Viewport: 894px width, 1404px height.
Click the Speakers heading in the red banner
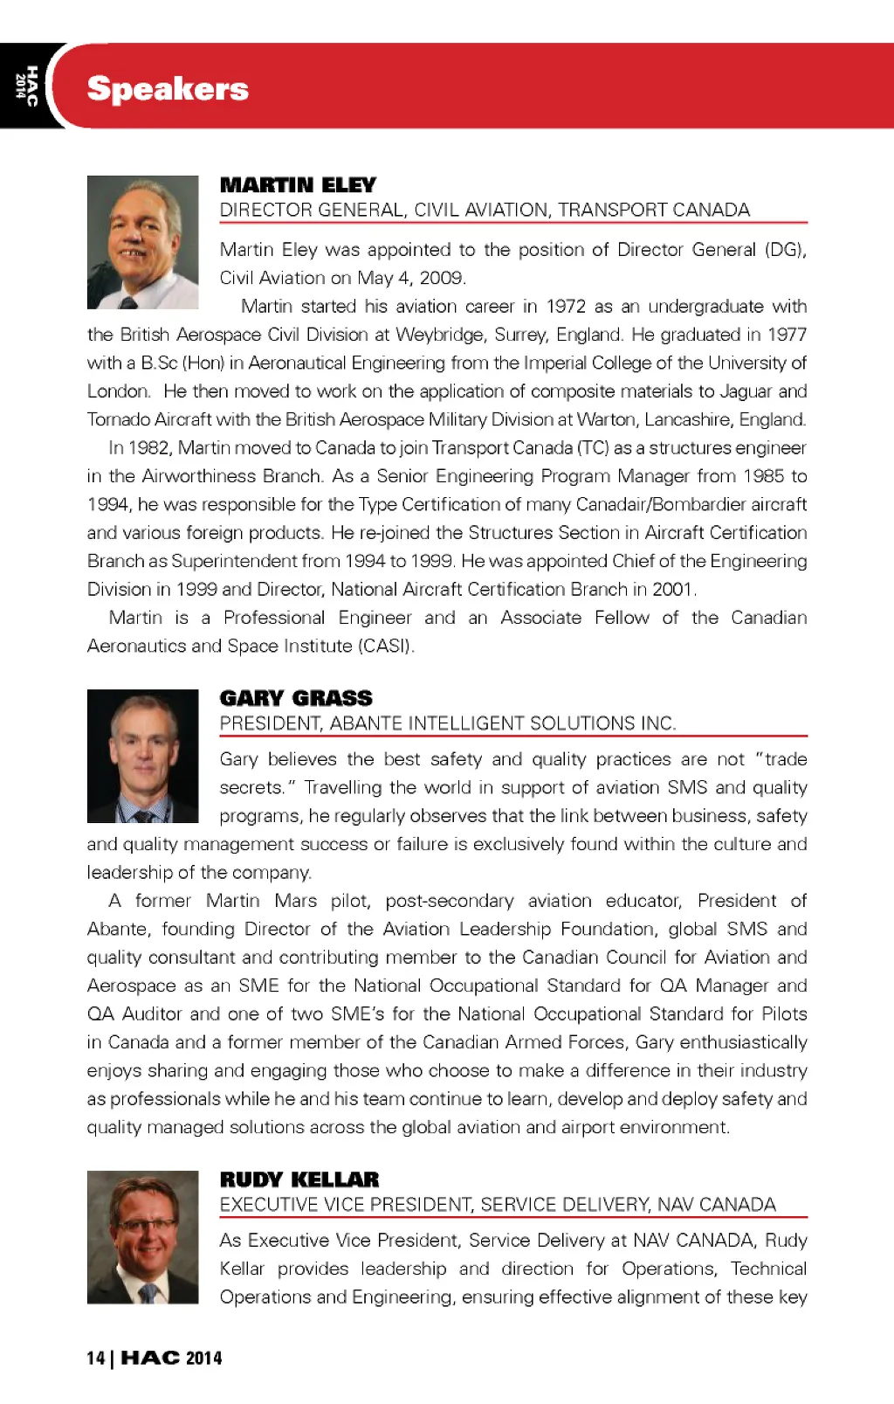(x=168, y=89)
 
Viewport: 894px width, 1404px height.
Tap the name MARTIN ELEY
(x=298, y=185)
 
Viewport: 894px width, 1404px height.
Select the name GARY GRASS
(x=296, y=698)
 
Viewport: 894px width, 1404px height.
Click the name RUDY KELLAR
(x=299, y=1179)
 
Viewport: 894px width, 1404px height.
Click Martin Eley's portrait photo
(x=143, y=242)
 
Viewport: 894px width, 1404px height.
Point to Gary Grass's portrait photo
(x=143, y=756)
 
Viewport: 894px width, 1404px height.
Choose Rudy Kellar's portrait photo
(x=143, y=1237)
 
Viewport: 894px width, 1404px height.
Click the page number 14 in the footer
(x=95, y=1358)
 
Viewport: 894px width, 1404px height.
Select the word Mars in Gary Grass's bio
(x=295, y=901)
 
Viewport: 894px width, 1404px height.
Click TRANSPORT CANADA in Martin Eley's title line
(x=654, y=210)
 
